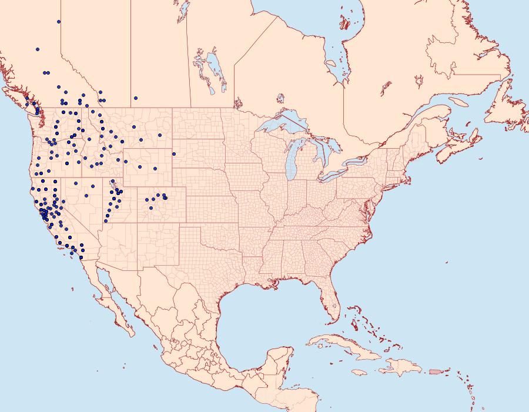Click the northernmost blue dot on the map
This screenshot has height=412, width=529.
[59, 22]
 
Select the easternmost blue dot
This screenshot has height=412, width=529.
[173, 154]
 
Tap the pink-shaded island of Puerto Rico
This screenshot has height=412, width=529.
[436, 371]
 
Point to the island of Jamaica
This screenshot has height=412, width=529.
[360, 373]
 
